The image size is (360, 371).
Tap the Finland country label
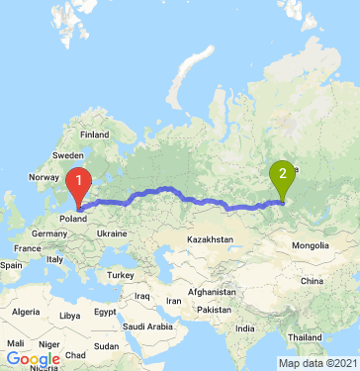pyautogui.click(x=94, y=135)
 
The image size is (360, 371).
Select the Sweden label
pyautogui.click(x=68, y=155)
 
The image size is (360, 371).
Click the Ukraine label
pyautogui.click(x=111, y=232)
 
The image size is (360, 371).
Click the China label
pyautogui.click(x=313, y=282)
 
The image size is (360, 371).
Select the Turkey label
pyautogui.click(x=122, y=274)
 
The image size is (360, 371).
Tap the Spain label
pyautogui.click(x=11, y=265)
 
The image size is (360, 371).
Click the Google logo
pyautogui.click(x=33, y=360)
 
